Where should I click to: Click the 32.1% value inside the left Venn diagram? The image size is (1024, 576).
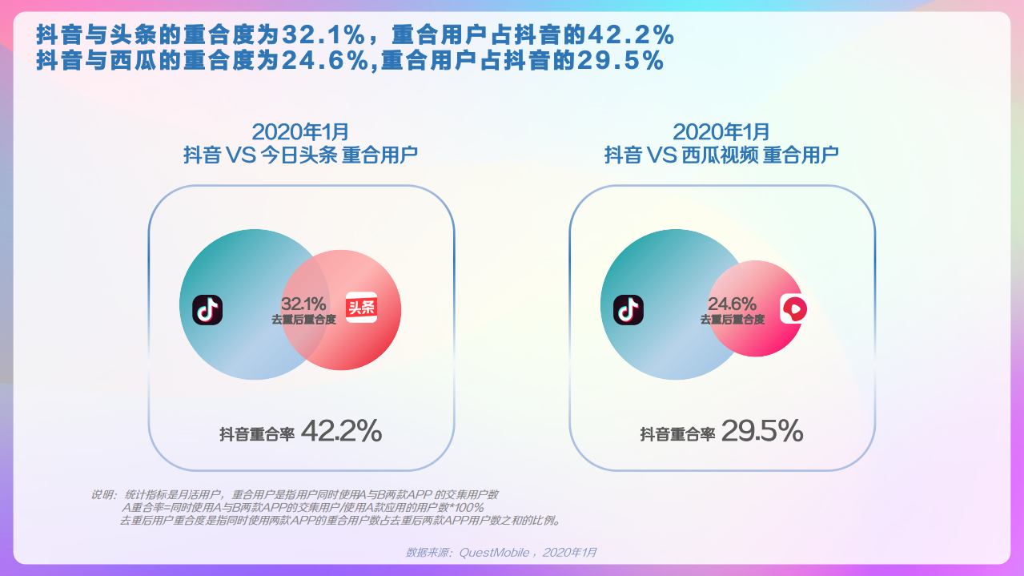pyautogui.click(x=303, y=304)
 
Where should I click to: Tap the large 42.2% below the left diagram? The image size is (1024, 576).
pyautogui.click(x=341, y=432)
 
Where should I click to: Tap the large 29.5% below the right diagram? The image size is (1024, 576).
pyautogui.click(x=762, y=432)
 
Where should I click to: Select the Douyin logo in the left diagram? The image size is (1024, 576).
pyautogui.click(x=207, y=310)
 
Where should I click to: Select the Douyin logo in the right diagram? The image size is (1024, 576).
pyautogui.click(x=628, y=310)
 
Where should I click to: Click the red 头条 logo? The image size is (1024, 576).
pyautogui.click(x=361, y=308)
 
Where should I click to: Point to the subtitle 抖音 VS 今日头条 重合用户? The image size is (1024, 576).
pyautogui.click(x=300, y=155)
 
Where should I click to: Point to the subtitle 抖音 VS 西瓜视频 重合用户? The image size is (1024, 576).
pyautogui.click(x=721, y=155)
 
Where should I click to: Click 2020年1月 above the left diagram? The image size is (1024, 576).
pyautogui.click(x=300, y=132)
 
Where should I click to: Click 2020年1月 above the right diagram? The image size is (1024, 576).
pyautogui.click(x=721, y=132)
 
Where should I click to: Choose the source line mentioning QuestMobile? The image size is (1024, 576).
pyautogui.click(x=501, y=553)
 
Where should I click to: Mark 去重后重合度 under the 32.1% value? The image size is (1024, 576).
pyautogui.click(x=303, y=320)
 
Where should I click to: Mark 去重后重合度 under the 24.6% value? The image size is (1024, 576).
pyautogui.click(x=732, y=320)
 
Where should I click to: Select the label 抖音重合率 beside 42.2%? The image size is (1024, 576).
pyautogui.click(x=257, y=435)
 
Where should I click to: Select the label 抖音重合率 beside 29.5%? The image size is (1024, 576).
pyautogui.click(x=677, y=435)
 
